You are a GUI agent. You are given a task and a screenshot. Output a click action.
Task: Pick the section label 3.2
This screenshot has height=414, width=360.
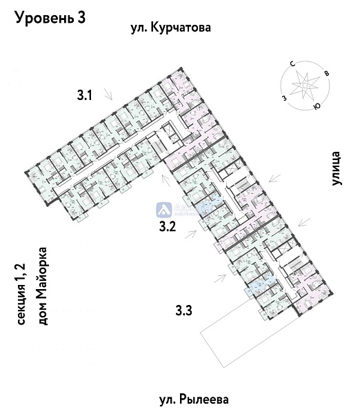169,226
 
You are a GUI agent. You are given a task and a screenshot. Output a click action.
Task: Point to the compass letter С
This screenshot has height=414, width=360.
293,63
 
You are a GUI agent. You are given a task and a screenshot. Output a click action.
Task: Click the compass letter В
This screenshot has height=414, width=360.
327,74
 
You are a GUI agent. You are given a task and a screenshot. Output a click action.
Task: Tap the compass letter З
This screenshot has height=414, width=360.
283,97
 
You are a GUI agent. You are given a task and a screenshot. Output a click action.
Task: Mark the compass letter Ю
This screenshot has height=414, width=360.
317,107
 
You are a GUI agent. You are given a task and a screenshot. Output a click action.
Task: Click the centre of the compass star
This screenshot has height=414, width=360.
305,86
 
